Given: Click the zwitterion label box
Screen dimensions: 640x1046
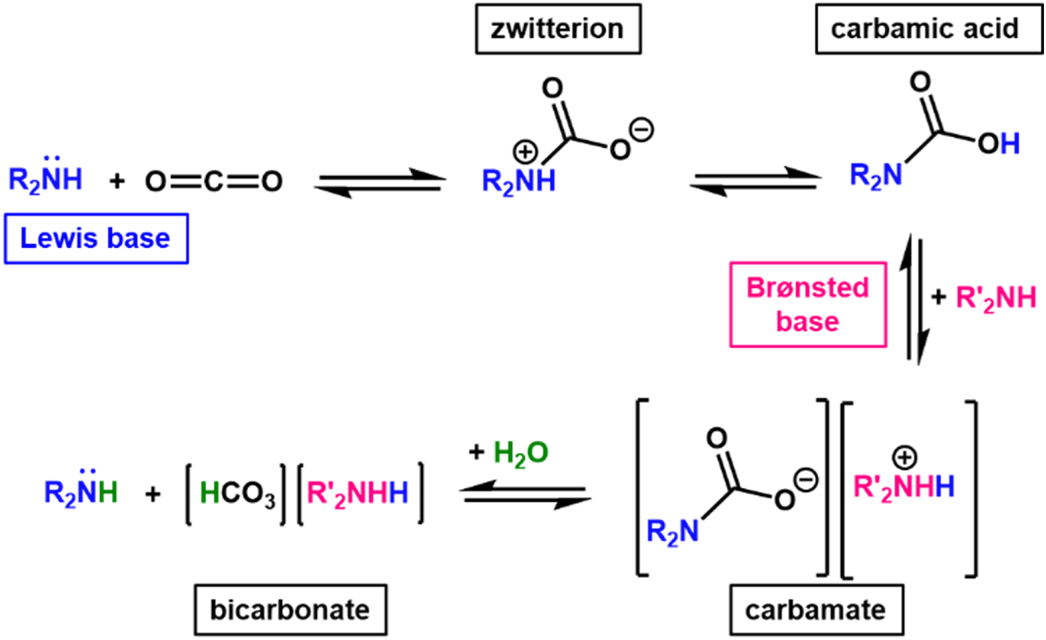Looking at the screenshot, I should point(558,29).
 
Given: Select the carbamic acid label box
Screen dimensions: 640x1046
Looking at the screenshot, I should point(929,29).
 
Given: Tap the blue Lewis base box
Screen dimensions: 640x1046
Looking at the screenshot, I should point(96,238).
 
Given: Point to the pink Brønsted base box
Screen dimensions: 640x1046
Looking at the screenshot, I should point(807,304).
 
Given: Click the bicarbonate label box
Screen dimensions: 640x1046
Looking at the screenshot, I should point(290,609).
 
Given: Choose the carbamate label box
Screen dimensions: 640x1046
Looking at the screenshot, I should point(816,609).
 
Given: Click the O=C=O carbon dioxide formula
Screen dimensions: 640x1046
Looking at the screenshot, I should point(214,181).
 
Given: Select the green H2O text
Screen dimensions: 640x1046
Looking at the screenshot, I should point(520,453).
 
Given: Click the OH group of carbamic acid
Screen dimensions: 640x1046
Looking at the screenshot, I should point(999,143).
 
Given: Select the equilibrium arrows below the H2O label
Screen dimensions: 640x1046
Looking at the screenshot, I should point(526,494).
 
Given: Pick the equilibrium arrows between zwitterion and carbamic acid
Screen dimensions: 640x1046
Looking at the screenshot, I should point(756,180).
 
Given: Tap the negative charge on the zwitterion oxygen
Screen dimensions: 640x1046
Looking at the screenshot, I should point(642,129).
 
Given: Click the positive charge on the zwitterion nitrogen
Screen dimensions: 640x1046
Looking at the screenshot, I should point(525,152).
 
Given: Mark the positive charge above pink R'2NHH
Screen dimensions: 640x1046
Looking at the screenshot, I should point(904,458).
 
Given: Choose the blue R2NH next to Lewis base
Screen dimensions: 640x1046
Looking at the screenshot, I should point(45,178).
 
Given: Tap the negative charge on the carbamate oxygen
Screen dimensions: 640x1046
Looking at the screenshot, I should point(805,480).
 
